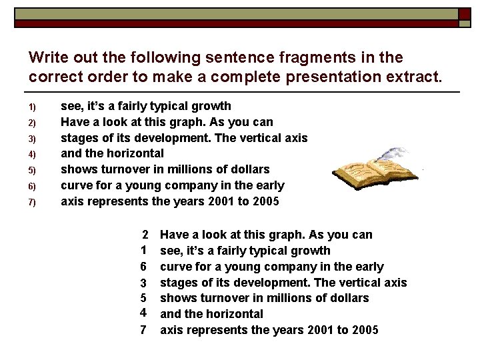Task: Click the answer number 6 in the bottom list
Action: click(143, 267)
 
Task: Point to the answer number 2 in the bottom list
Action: click(144, 235)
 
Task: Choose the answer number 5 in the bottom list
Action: click(143, 298)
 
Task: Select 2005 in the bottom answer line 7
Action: click(364, 329)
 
